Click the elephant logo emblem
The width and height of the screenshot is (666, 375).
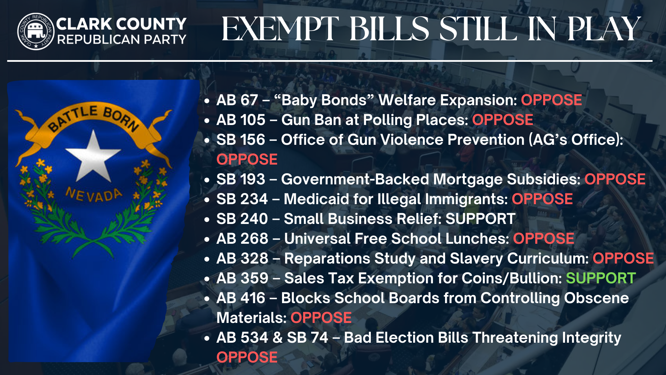click(x=36, y=31)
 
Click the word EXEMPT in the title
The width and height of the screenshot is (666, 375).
click(x=280, y=29)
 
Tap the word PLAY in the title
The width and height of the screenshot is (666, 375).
click(x=604, y=29)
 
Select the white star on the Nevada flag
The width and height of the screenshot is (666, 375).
click(x=93, y=156)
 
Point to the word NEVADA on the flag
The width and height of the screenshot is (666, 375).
click(x=94, y=195)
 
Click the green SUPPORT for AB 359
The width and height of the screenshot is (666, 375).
click(x=601, y=278)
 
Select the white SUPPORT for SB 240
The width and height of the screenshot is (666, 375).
click(x=480, y=219)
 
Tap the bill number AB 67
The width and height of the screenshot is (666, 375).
click(x=237, y=100)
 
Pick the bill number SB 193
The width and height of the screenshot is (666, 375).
click(x=241, y=179)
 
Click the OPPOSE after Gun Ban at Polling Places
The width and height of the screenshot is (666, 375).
click(x=503, y=120)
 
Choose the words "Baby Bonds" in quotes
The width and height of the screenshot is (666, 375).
click(x=324, y=100)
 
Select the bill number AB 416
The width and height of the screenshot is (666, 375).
click(x=241, y=298)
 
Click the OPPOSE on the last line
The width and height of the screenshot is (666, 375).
click(x=247, y=357)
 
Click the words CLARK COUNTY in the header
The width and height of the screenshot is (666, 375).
click(x=121, y=24)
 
